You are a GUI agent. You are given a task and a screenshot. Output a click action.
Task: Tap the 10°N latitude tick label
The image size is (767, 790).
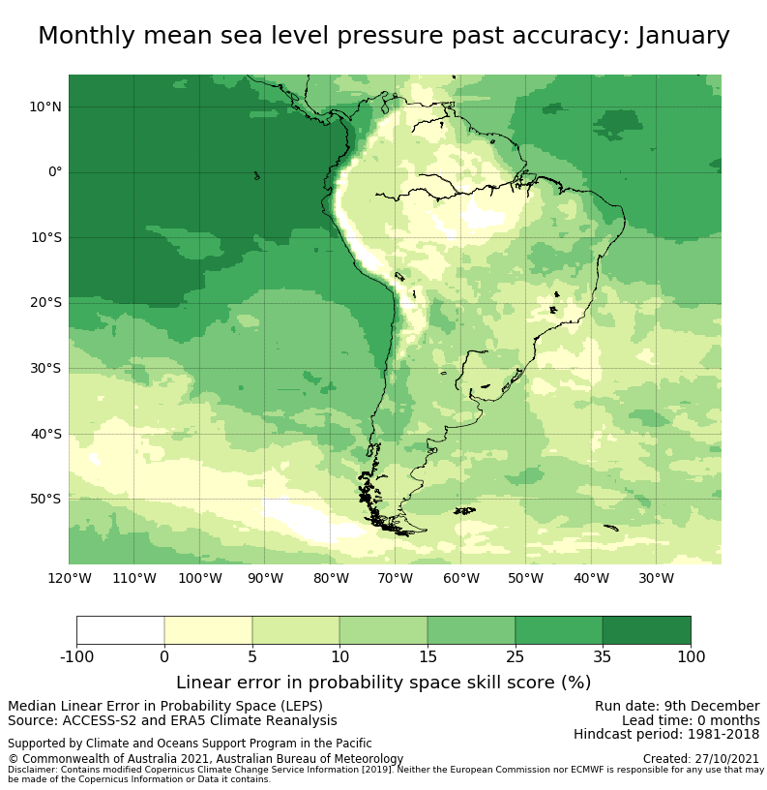[x=44, y=106]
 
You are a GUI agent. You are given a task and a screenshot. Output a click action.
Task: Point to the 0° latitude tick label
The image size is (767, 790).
[x=55, y=172]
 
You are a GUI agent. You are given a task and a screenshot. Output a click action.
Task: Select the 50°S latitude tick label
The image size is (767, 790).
[x=44, y=499]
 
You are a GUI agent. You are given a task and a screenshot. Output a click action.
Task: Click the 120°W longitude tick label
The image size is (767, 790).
[x=69, y=579]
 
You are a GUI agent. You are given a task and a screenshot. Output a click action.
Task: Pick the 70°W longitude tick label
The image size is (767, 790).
[x=395, y=579]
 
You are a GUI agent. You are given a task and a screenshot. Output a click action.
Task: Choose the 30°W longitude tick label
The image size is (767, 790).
[x=656, y=579]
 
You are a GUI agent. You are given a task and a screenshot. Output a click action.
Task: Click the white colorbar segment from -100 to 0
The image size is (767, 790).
[x=121, y=629]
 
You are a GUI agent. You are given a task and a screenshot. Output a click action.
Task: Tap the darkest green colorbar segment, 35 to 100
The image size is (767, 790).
[x=646, y=629]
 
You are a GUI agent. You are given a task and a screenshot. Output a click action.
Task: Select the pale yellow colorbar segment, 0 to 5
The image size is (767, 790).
[x=208, y=629]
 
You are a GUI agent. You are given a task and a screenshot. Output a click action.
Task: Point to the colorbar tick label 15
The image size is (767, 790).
[x=428, y=657]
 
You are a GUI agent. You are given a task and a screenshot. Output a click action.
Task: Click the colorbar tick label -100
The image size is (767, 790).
[x=76, y=657]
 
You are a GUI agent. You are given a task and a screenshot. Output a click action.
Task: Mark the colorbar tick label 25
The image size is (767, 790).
[x=515, y=657]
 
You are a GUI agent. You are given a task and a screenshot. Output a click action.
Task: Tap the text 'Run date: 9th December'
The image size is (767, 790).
[x=677, y=706]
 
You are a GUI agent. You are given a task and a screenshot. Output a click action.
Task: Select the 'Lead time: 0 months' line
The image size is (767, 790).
[x=691, y=720]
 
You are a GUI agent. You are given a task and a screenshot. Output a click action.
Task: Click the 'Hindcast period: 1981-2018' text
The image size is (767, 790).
[x=666, y=735]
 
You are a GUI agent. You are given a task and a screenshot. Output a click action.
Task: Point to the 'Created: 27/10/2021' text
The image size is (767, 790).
[x=701, y=759]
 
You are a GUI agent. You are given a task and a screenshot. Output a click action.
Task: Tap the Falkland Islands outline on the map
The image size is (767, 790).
[x=464, y=510]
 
